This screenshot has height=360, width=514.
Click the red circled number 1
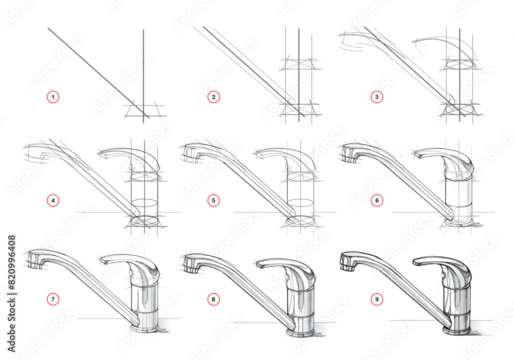pyautogui.click(x=52, y=96)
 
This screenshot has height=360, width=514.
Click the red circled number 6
pyautogui.click(x=377, y=200)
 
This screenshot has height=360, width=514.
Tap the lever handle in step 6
pyautogui.click(x=442, y=156)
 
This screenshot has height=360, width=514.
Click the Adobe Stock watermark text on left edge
pyautogui.click(x=11, y=293)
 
